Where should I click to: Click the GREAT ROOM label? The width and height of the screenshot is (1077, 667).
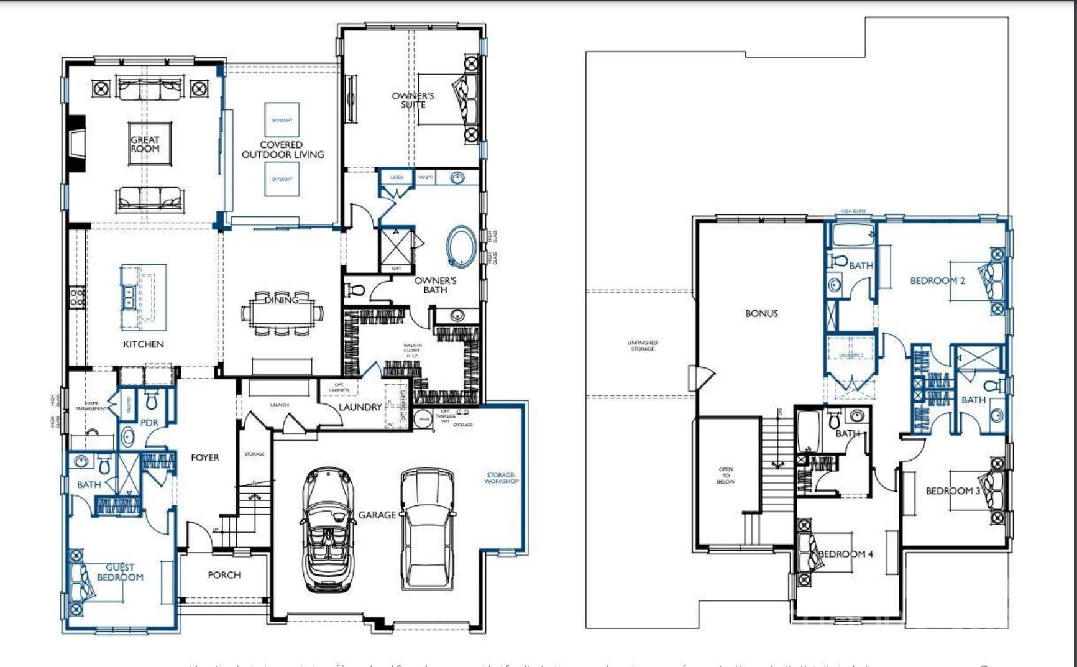[145, 144]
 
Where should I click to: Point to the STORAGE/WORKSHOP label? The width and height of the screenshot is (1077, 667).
[502, 478]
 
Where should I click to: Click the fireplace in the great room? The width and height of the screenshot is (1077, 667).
[76, 144]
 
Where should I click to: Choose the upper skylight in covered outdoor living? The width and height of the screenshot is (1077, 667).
[282, 120]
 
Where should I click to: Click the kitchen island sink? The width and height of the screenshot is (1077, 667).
[129, 297]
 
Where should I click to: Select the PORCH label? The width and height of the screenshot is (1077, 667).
[224, 575]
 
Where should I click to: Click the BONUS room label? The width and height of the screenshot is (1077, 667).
[761, 313]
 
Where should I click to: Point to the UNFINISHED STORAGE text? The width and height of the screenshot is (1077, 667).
[642, 346]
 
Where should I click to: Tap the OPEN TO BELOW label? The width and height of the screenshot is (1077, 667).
[725, 476]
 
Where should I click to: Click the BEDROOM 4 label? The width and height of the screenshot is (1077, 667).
[845, 554]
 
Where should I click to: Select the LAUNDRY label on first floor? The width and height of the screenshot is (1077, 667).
[360, 407]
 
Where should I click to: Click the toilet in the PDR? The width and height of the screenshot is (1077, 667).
[151, 401]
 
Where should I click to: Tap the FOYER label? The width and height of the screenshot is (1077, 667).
[204, 458]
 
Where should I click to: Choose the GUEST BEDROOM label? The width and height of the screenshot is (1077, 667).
[120, 572]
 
